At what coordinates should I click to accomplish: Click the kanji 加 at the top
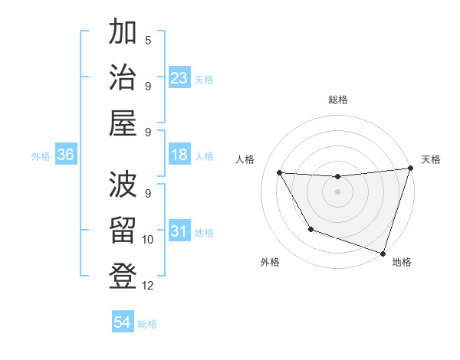[123, 34]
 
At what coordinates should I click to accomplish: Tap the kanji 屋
[123, 123]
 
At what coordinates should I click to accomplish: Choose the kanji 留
[123, 231]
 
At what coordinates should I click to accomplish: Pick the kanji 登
[123, 276]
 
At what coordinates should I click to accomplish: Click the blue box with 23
[179, 78]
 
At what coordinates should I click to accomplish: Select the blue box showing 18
[179, 155]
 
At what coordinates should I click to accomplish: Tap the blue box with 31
[179, 231]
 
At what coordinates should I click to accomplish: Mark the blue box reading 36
[66, 155]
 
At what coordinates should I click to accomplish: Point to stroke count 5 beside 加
[148, 40]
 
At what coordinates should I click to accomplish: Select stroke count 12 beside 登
[148, 286]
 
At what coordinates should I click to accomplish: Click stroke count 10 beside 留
[148, 240]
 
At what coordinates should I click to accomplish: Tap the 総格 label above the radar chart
[337, 100]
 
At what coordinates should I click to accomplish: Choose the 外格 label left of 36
[41, 155]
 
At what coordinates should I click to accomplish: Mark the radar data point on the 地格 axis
[383, 253]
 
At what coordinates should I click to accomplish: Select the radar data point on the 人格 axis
[279, 173]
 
